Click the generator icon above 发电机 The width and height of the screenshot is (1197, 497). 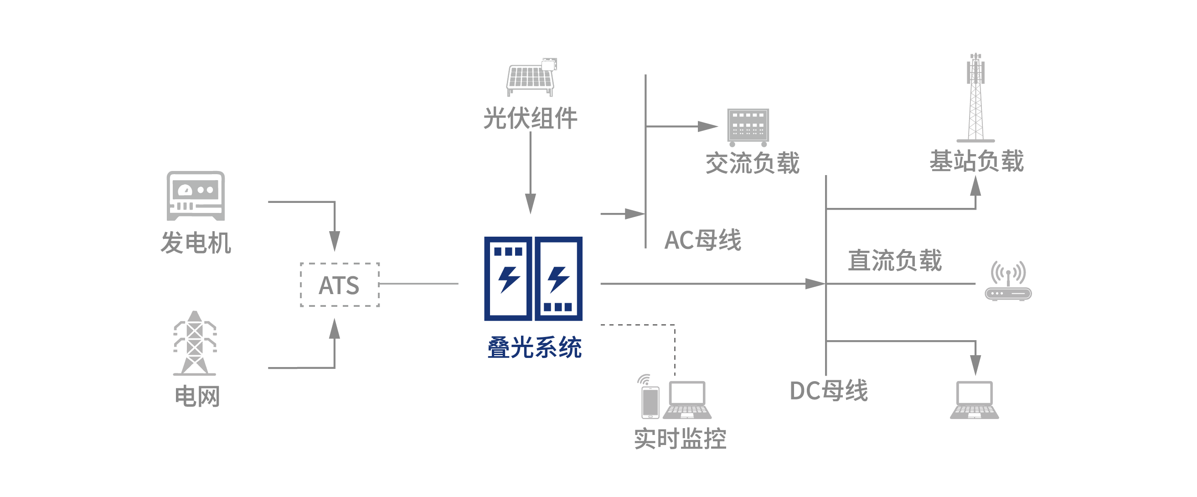pyautogui.click(x=196, y=196)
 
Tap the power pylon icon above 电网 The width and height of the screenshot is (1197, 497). pyautogui.click(x=195, y=344)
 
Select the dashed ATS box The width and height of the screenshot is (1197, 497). pyautogui.click(x=340, y=285)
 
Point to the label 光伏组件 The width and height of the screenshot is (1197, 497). pyautogui.click(x=530, y=118)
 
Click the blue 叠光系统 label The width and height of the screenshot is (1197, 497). pyautogui.click(x=534, y=348)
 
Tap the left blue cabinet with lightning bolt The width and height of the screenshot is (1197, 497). pyautogui.click(x=508, y=279)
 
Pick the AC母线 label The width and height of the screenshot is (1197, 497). pyautogui.click(x=702, y=240)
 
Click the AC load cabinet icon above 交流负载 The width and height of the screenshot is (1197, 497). pyautogui.click(x=748, y=126)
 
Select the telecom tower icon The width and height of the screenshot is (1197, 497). pyautogui.click(x=975, y=98)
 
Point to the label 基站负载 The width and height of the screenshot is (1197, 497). pyautogui.click(x=976, y=161)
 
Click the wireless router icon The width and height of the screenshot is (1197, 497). pyautogui.click(x=1008, y=281)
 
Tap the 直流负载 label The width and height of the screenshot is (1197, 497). pyautogui.click(x=895, y=260)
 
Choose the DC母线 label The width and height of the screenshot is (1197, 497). pyautogui.click(x=829, y=391)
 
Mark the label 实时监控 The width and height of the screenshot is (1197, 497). pyautogui.click(x=680, y=439)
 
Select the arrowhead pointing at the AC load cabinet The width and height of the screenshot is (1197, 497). pyautogui.click(x=708, y=126)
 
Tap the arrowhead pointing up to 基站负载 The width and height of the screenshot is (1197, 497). pyautogui.click(x=976, y=187)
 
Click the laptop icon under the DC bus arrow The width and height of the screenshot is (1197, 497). pyautogui.click(x=975, y=400)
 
